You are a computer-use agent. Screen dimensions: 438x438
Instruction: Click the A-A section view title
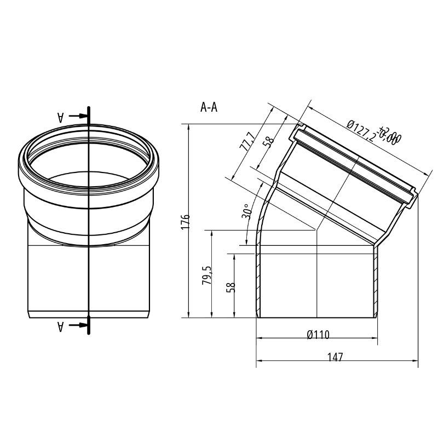[x=209, y=107]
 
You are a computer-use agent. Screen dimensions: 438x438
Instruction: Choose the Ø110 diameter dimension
[x=318, y=335]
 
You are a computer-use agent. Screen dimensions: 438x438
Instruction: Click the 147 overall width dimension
[x=335, y=357]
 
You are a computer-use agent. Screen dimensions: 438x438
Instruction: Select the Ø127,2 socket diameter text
[x=361, y=130]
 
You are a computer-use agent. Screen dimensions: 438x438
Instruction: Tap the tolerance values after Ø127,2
[x=391, y=135]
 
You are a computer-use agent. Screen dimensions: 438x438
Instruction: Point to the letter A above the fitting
[x=61, y=116]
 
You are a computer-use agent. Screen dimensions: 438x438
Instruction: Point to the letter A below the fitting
[x=61, y=326]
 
